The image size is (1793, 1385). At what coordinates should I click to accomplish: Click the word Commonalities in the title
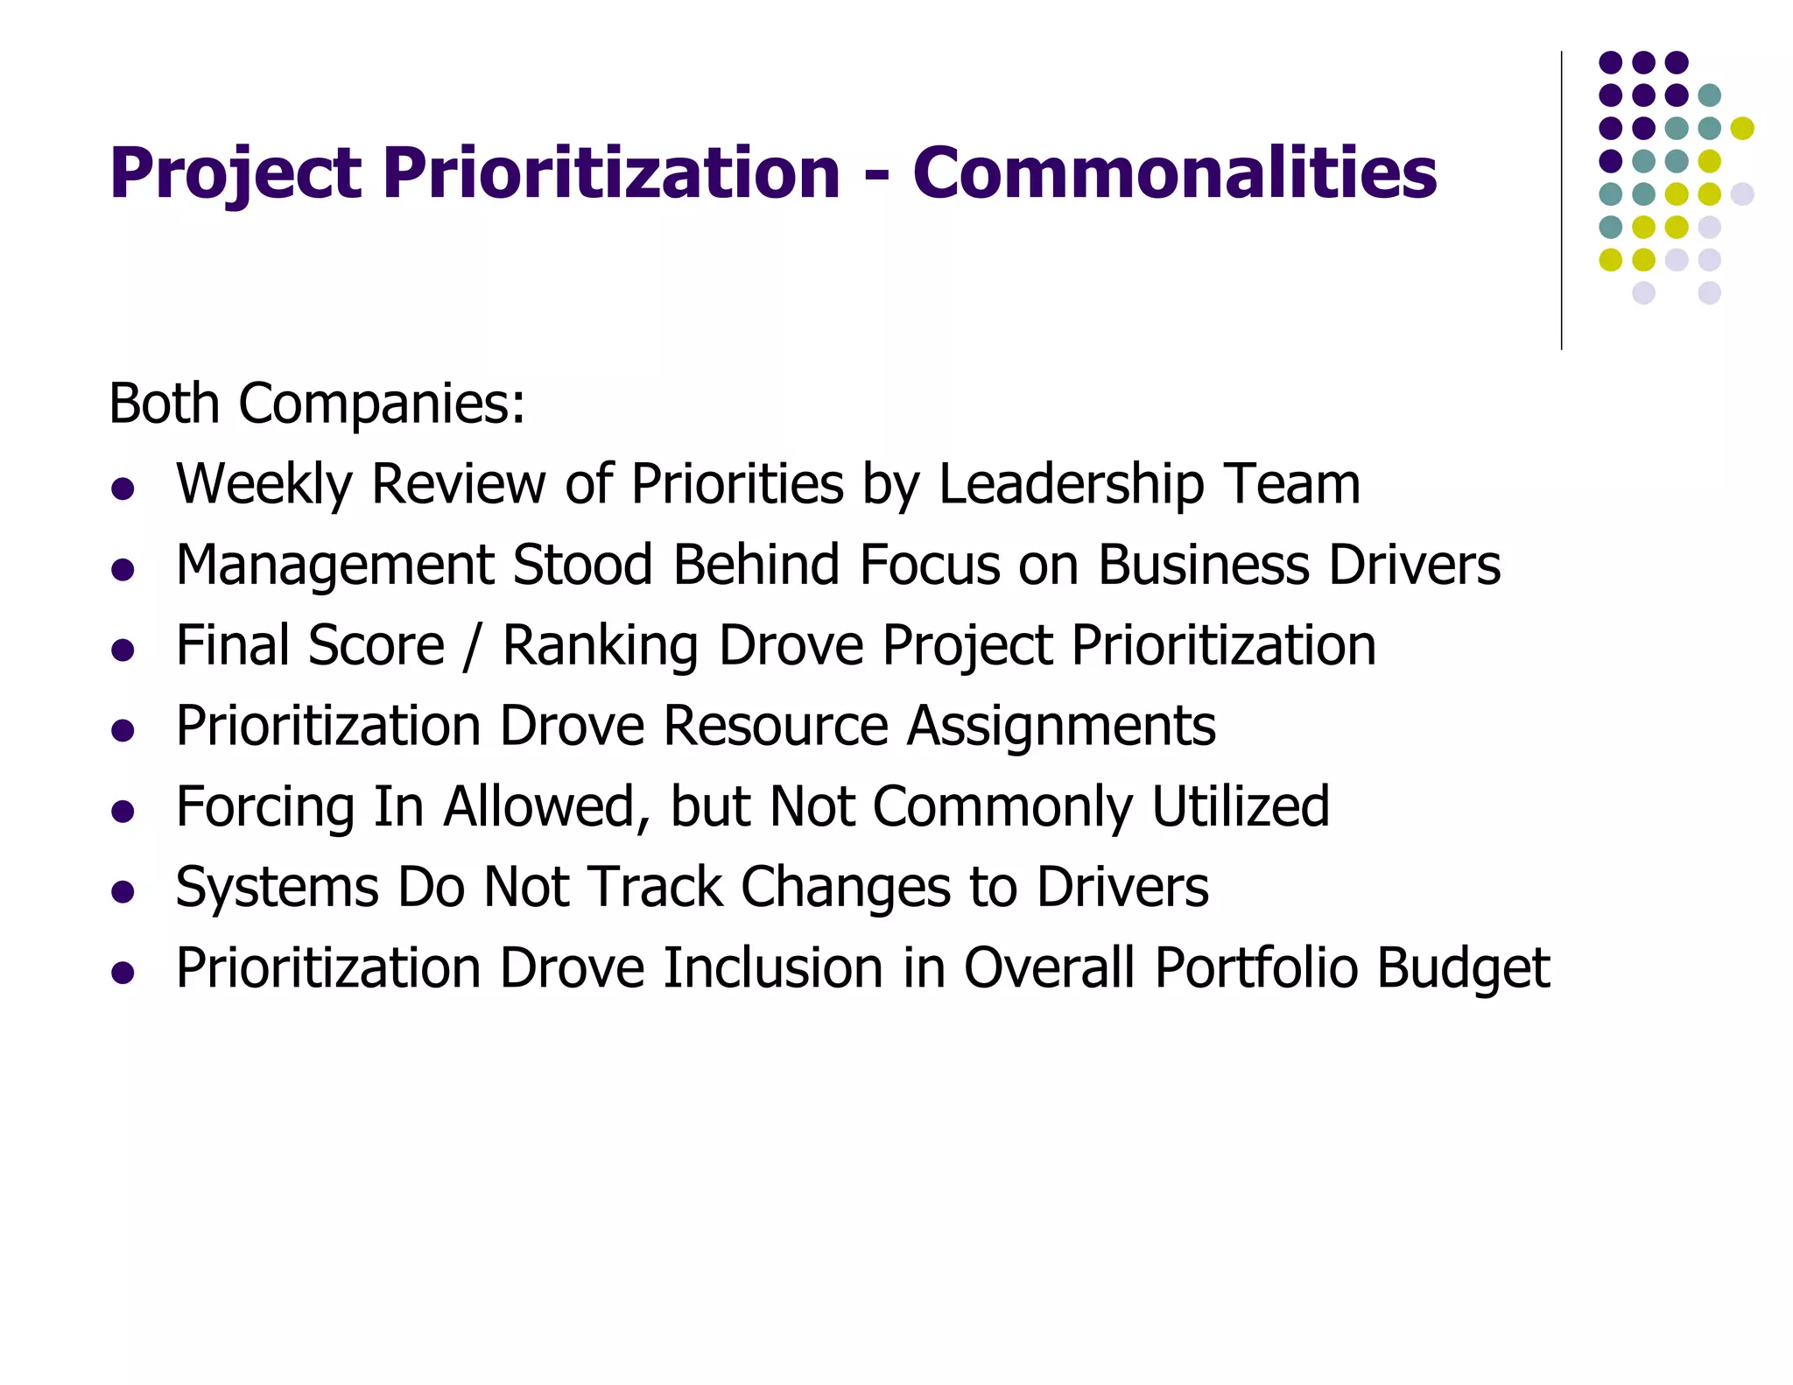tap(1174, 172)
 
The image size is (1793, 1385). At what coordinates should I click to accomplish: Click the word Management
tap(334, 566)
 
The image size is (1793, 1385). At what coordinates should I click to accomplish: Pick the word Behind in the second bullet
tap(756, 564)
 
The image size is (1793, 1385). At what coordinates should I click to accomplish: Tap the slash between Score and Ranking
tap(474, 646)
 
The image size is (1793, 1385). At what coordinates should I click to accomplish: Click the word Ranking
tap(601, 646)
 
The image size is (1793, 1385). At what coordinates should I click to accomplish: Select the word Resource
tap(776, 726)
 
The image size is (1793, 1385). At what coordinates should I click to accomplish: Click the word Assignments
tap(1060, 727)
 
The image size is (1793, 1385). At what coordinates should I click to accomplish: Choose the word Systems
tap(277, 888)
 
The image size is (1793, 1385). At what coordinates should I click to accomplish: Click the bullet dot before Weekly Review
tap(123, 489)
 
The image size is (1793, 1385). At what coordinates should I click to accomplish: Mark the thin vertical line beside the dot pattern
tap(1561, 201)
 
